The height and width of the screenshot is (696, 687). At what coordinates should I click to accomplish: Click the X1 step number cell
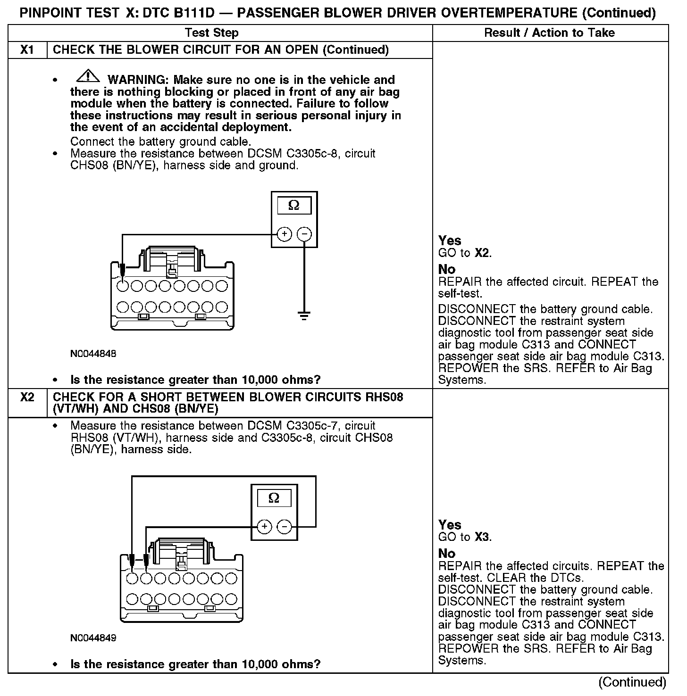(27, 50)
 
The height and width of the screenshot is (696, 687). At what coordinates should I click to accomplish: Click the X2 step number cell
(27, 397)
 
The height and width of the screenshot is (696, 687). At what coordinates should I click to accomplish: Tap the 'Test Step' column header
(212, 33)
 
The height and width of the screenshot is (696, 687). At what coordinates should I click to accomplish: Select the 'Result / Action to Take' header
(549, 33)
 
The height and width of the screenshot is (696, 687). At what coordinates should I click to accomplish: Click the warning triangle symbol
(87, 75)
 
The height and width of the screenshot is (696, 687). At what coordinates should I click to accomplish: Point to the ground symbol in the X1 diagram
(304, 315)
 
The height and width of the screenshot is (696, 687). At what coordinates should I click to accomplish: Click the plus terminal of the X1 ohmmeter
(284, 234)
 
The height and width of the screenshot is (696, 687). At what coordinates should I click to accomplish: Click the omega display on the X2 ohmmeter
(274, 498)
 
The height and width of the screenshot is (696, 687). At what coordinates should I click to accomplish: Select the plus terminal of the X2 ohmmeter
(264, 526)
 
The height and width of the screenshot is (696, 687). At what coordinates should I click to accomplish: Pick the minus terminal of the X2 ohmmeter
(284, 526)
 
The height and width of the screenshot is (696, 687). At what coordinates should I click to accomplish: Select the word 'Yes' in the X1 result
(450, 240)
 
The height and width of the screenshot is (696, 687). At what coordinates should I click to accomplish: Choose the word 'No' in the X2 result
(447, 553)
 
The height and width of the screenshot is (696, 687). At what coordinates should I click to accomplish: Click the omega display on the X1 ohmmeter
(294, 206)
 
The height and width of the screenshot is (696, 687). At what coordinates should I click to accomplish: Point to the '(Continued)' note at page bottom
(632, 682)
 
